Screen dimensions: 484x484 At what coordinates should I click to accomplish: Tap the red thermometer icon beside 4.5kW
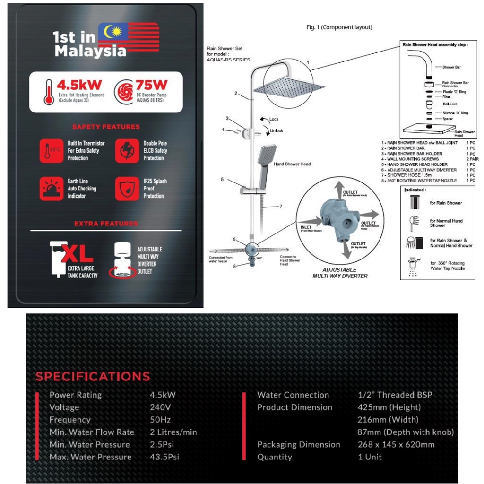48,92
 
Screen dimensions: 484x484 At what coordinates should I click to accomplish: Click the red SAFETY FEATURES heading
106,127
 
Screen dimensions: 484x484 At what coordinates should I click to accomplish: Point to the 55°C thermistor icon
51,150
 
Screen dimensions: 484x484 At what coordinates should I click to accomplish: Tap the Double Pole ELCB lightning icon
127,150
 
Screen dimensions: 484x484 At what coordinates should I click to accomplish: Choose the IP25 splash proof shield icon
127,188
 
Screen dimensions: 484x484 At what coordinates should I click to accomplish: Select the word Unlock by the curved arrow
277,131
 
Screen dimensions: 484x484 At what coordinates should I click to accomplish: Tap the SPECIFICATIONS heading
93,377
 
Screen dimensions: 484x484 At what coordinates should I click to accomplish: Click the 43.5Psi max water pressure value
164,457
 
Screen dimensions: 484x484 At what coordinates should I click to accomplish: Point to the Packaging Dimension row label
298,444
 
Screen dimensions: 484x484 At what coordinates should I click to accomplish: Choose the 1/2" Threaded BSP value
395,395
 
